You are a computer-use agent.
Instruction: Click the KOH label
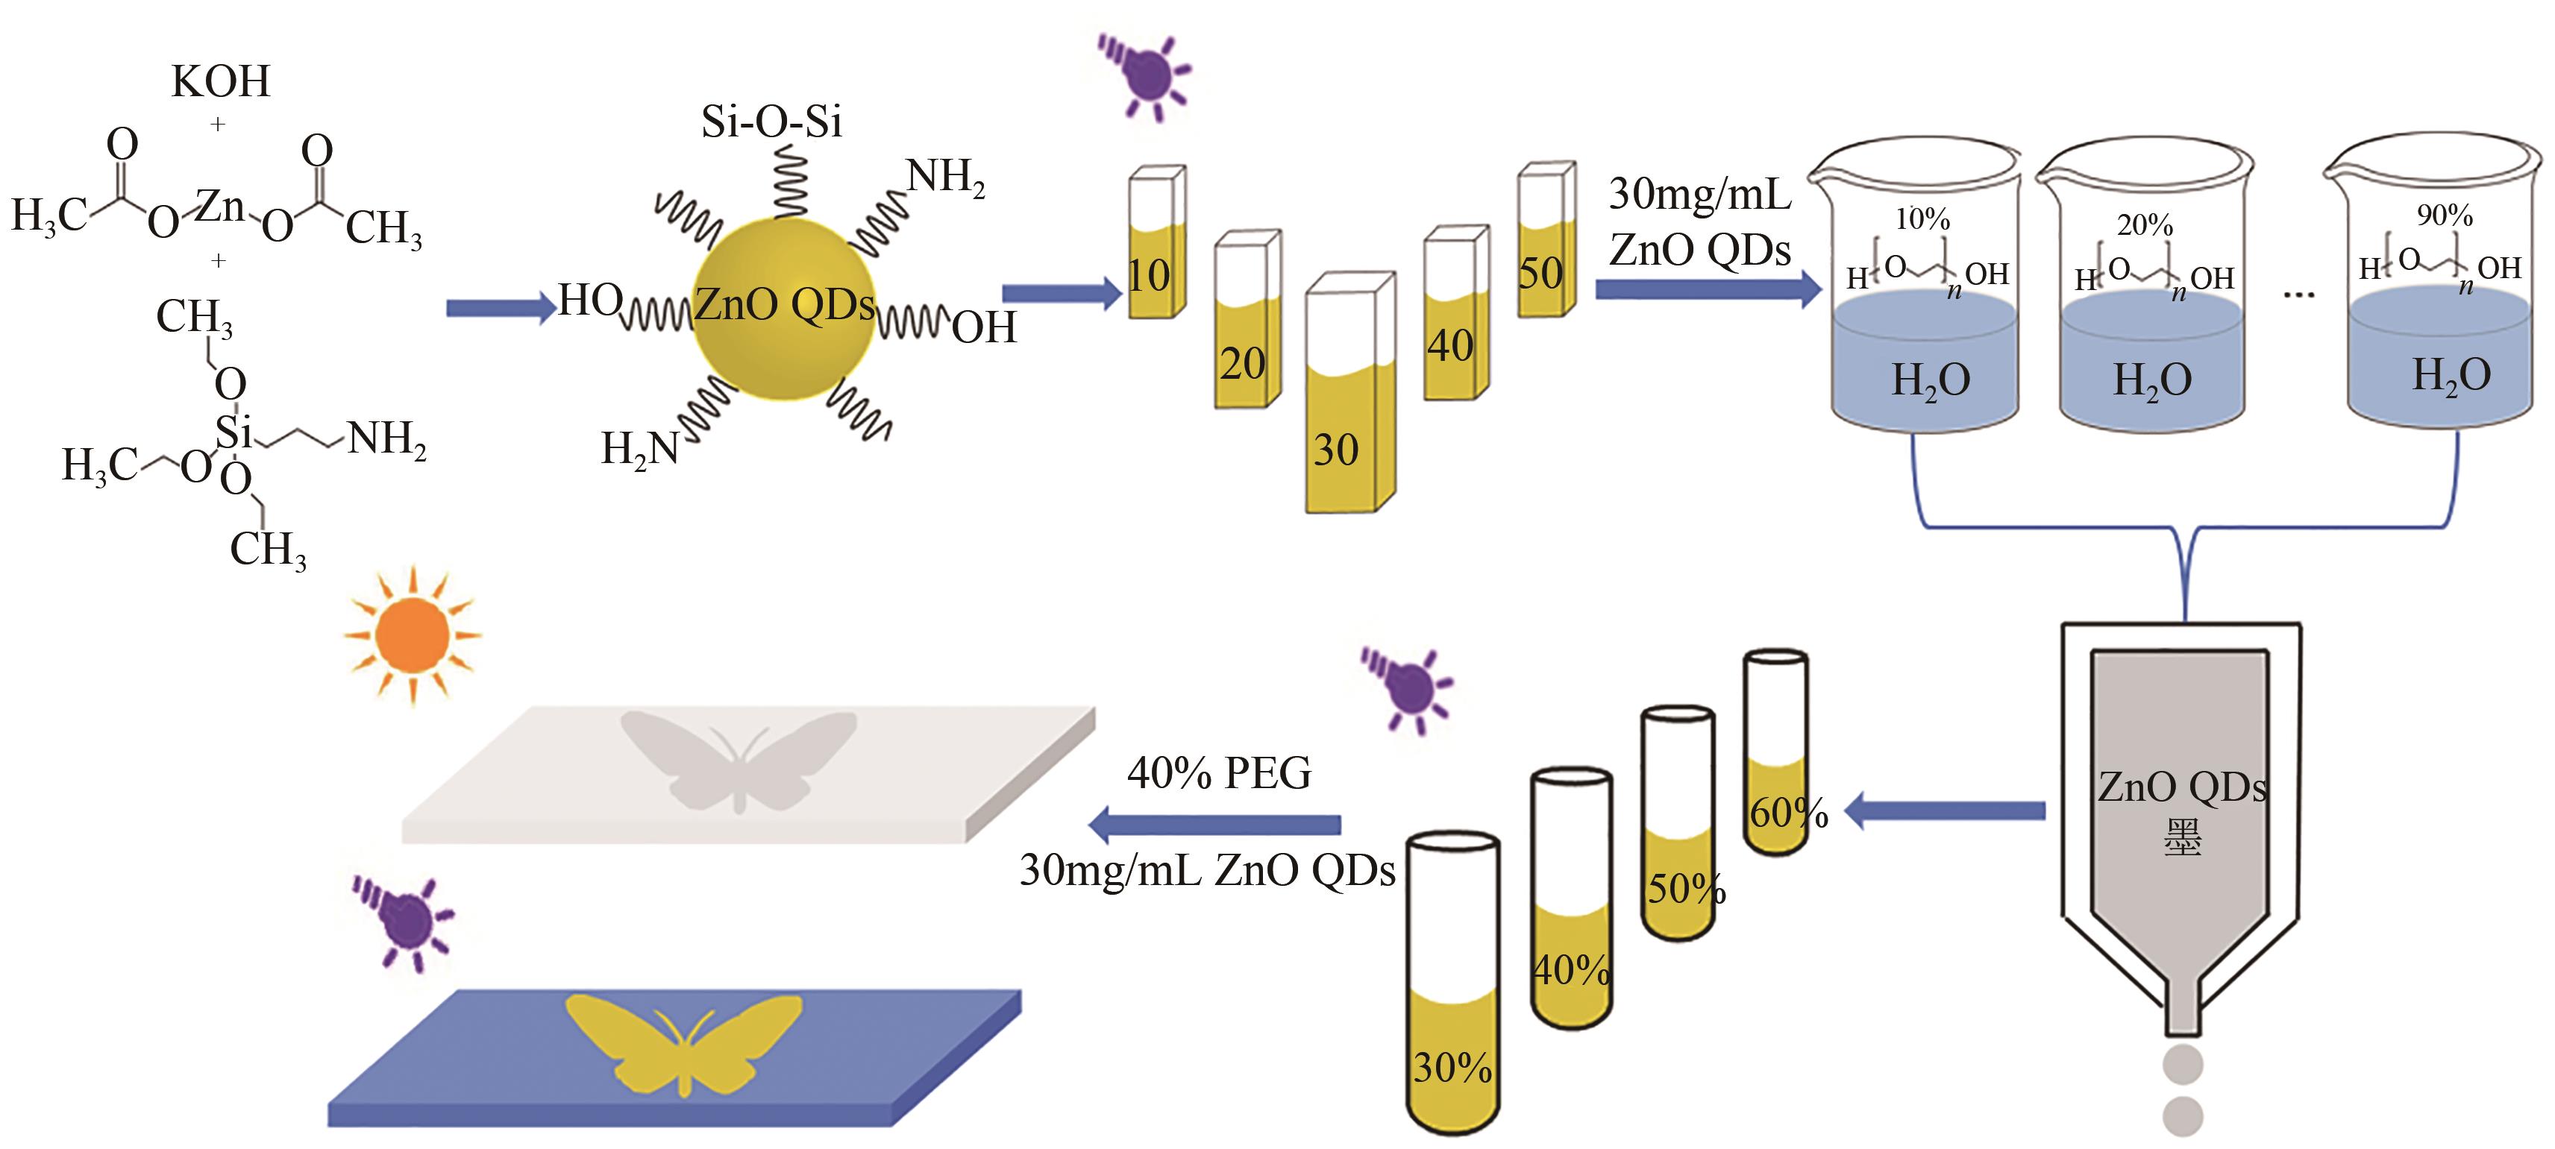click(x=220, y=81)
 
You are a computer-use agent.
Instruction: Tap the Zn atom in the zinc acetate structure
click(x=219, y=207)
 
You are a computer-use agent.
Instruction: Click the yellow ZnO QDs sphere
click(x=783, y=307)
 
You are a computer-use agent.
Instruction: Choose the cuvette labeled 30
click(x=1349, y=397)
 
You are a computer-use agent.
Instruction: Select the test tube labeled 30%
click(x=1453, y=992)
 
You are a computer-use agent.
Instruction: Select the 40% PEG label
click(x=1219, y=773)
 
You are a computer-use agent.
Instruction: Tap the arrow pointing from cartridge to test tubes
click(x=1944, y=811)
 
